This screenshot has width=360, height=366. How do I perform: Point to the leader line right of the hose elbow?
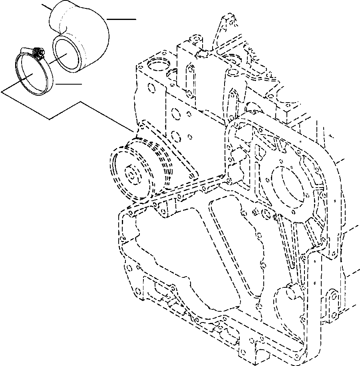pyautogui.click(x=122, y=19)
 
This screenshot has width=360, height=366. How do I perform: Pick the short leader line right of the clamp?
pyautogui.click(x=69, y=84)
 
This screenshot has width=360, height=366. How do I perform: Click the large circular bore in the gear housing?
pyautogui.click(x=287, y=186)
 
